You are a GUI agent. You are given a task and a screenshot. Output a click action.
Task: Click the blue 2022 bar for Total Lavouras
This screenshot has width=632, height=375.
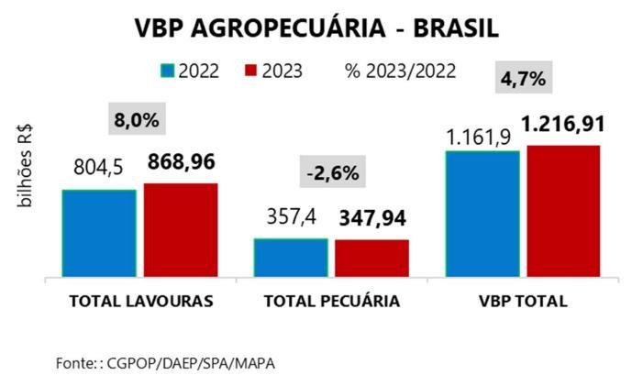point(99,232)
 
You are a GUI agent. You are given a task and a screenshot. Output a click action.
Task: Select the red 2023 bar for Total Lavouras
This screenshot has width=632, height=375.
point(181,229)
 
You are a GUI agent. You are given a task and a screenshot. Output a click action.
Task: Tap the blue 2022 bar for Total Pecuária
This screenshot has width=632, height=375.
point(291,257)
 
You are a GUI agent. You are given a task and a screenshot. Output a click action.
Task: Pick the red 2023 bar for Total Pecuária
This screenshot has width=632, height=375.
point(371,258)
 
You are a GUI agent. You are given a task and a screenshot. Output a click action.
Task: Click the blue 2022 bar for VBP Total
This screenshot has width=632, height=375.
point(482,213)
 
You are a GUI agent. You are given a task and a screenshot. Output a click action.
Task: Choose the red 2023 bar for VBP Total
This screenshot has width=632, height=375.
point(563,210)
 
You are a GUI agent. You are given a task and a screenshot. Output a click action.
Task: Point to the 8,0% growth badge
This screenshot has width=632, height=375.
point(137,120)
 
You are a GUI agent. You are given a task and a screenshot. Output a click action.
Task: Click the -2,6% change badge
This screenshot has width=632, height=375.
point(331,172)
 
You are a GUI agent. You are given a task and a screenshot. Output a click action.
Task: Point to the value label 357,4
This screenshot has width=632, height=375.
point(291,218)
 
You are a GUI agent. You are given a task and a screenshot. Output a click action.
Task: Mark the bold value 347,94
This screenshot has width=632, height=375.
point(373,218)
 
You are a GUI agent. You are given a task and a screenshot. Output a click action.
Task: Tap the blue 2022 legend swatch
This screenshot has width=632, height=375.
point(167,72)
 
